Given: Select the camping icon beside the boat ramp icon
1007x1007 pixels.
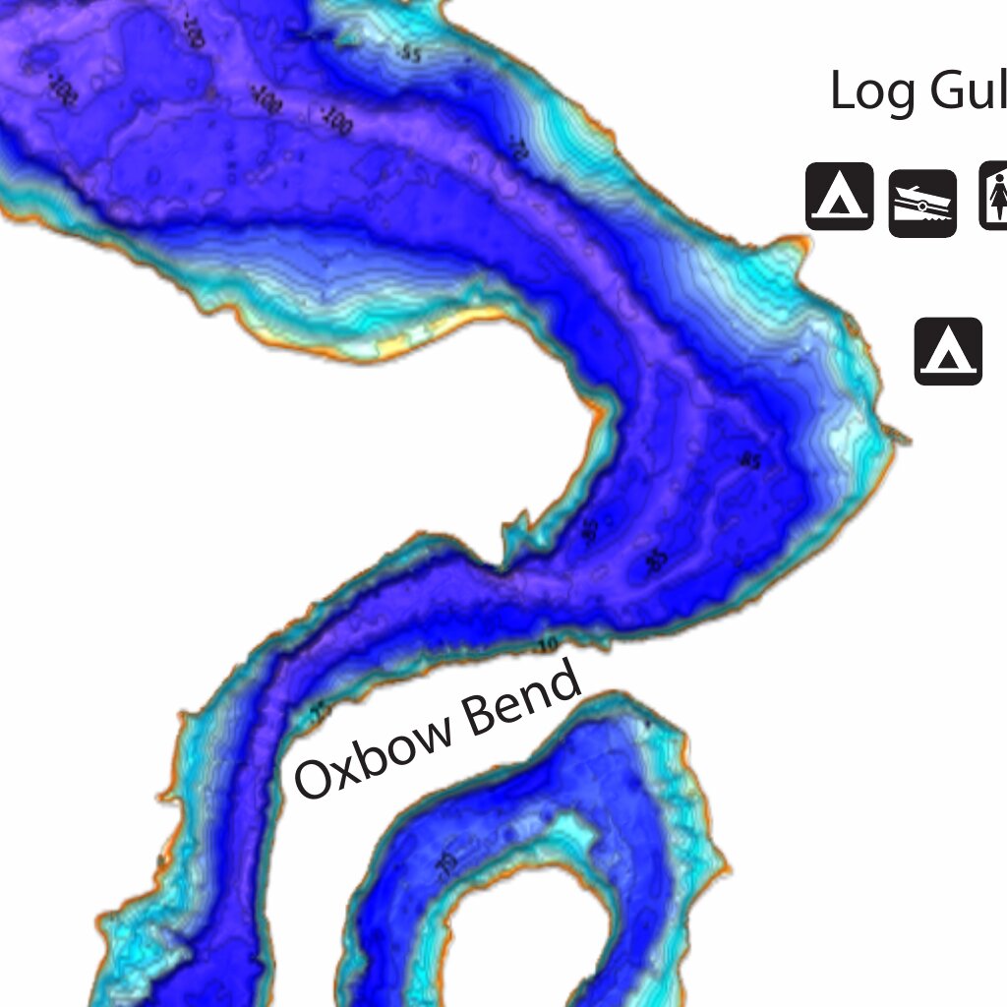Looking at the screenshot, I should [x=840, y=197].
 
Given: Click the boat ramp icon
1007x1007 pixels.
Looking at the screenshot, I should [x=922, y=204].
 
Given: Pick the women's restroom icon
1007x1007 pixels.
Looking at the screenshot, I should [x=993, y=196].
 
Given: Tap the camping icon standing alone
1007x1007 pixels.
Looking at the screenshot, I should [x=948, y=351].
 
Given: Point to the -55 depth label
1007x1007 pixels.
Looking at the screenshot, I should [x=410, y=53].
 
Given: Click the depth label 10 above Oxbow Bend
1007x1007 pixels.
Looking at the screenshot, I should [x=548, y=646].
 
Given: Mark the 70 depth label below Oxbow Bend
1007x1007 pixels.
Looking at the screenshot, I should [x=445, y=864].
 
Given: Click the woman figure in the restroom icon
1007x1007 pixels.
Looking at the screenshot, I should [x=998, y=196].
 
